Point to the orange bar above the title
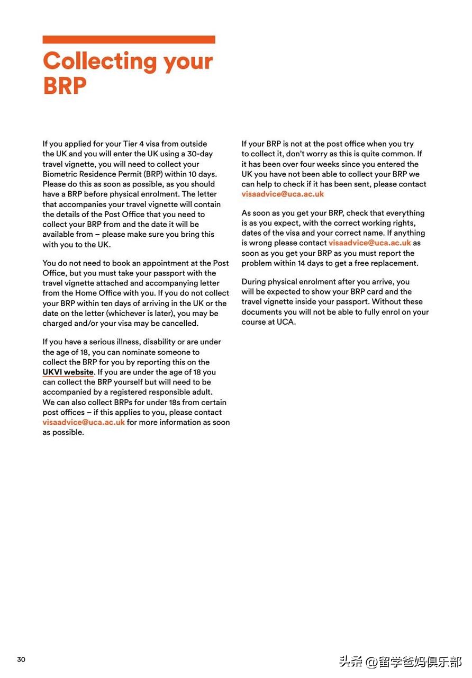coord(129,39)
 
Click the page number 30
coord(21,659)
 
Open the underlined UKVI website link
coord(68,372)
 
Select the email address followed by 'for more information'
coord(84,423)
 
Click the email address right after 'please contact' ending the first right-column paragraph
coord(283,194)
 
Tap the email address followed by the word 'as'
coord(369,243)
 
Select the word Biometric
coord(63,174)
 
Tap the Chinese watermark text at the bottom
coord(400,662)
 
